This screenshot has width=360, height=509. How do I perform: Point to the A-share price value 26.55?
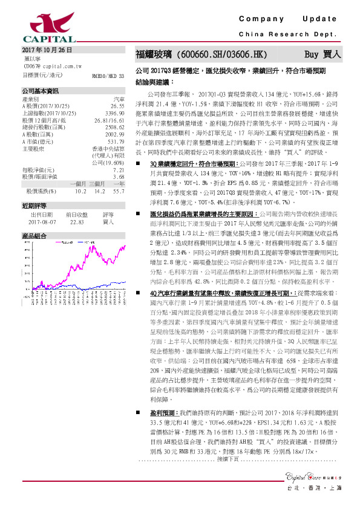coord(116,105)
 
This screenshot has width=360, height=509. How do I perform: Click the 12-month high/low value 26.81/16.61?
coord(109,120)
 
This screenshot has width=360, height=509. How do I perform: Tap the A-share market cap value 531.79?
coord(115,141)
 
